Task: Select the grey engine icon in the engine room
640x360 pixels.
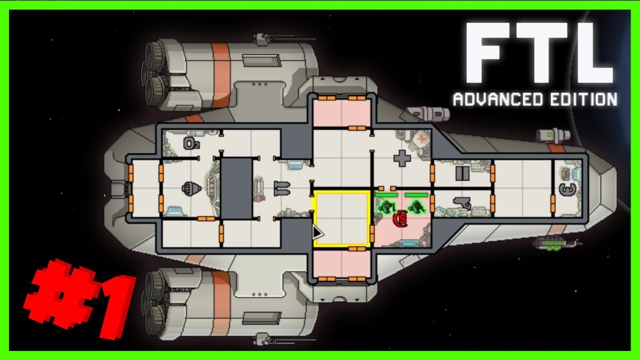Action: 190,188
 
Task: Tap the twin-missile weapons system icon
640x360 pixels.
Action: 281,188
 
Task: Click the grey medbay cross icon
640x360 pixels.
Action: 402,158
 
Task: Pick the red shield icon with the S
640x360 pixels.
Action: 400,219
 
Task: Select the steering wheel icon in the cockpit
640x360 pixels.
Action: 565,189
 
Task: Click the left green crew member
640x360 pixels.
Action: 386,205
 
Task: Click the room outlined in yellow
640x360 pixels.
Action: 341,218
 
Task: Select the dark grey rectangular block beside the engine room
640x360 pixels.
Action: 236,188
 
